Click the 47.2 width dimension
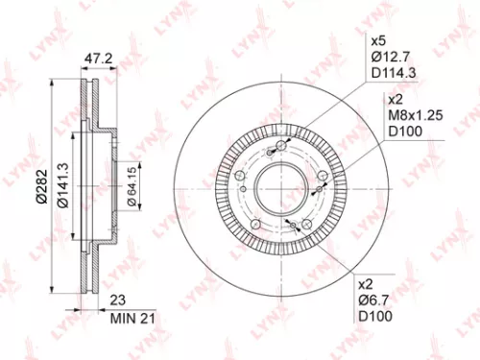coord(93,59)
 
